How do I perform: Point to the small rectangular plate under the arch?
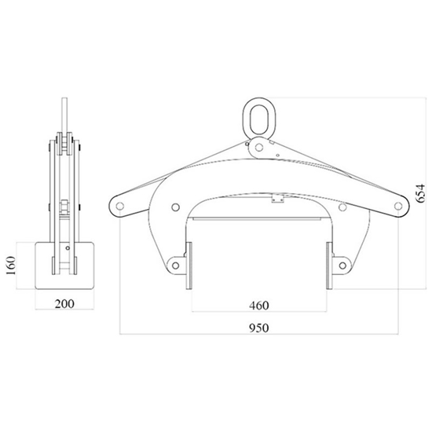click(276, 200)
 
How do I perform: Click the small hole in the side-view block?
click(68, 249)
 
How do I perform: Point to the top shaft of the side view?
click(65, 114)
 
